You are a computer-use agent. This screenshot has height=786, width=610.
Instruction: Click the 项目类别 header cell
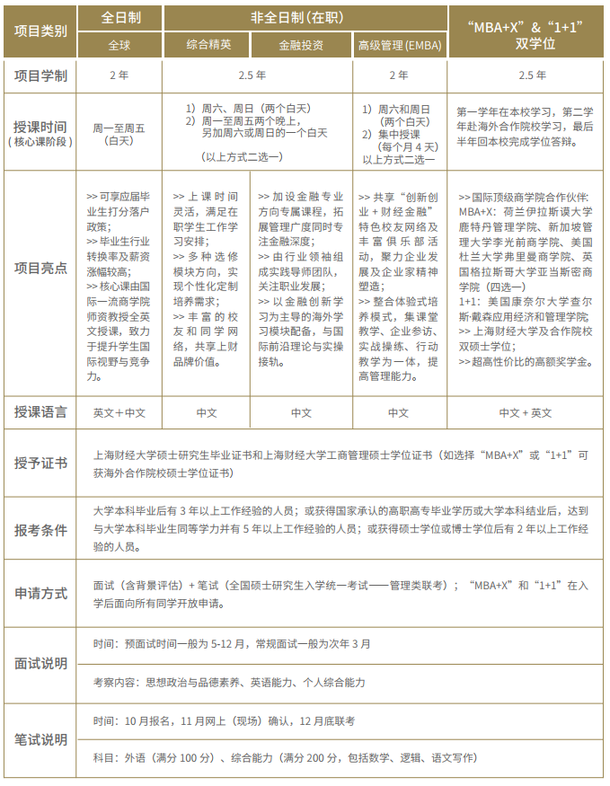[41, 31]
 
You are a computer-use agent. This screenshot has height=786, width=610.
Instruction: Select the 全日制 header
[119, 17]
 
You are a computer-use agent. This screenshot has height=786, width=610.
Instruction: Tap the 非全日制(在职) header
[301, 17]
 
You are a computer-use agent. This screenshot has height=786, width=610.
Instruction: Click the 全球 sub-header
[119, 44]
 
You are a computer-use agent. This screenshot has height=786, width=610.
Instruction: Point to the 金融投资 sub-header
[301, 44]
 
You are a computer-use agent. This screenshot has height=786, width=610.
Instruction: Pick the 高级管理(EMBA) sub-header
[398, 44]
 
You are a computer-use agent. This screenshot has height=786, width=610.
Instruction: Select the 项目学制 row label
[41, 75]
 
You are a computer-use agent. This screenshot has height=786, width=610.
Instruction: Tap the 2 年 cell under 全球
[119, 75]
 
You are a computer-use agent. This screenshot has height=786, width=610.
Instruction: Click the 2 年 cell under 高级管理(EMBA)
[398, 75]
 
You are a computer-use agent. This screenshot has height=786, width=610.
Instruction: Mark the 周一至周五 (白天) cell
[119, 134]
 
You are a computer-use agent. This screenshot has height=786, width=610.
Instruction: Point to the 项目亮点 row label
[41, 268]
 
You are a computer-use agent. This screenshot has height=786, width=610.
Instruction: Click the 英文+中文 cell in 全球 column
[119, 412]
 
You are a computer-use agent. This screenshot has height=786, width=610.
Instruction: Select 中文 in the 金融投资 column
[301, 412]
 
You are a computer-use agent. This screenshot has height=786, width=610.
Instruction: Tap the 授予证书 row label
[41, 463]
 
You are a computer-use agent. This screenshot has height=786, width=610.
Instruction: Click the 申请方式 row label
[41, 594]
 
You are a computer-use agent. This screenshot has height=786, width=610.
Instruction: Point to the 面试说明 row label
[41, 663]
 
